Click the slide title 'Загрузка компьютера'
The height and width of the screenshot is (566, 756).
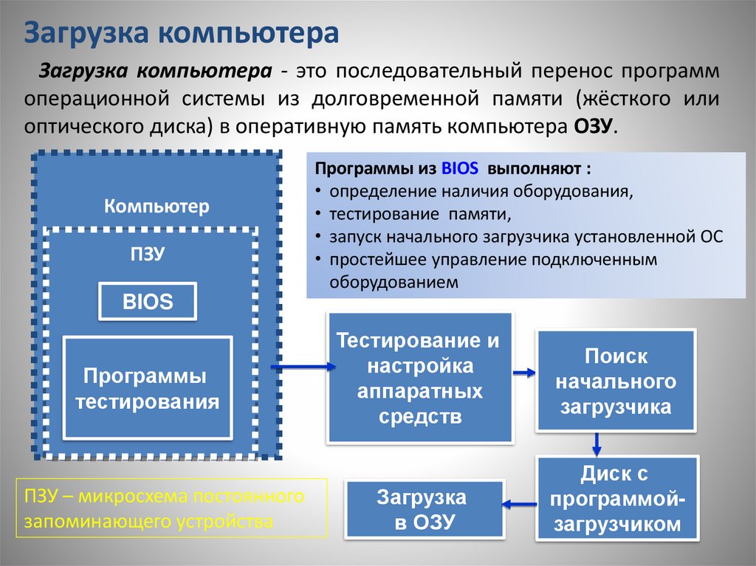(x=182, y=33)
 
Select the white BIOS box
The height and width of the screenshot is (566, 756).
(x=148, y=301)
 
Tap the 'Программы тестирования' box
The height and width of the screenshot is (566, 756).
(x=148, y=387)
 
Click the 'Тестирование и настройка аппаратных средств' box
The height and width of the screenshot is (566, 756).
(x=419, y=378)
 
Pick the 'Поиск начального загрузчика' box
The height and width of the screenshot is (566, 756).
(x=616, y=381)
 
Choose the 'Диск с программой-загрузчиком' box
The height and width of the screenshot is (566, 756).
(x=616, y=498)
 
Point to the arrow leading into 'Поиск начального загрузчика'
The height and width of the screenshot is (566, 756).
(x=524, y=373)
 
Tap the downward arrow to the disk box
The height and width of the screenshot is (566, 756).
(x=597, y=444)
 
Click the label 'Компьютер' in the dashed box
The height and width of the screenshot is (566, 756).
(x=157, y=206)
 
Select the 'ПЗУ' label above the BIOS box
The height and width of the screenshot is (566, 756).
(x=148, y=254)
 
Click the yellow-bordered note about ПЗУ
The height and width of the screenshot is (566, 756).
(x=171, y=508)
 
